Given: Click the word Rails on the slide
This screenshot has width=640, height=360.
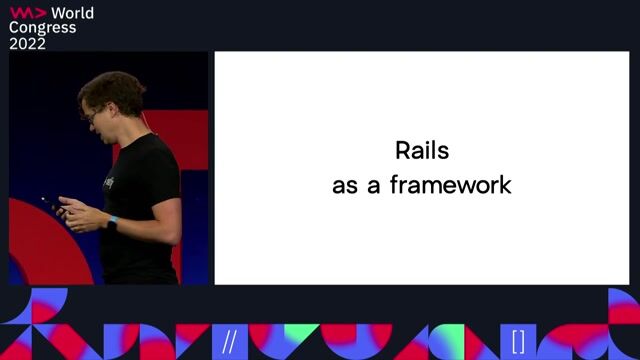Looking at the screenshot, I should pos(421,152).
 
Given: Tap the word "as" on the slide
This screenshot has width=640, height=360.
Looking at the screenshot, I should pos(345,186).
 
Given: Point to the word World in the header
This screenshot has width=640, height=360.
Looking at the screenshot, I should pos(72,13).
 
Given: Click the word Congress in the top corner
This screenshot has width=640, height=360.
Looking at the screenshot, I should pos(42,28).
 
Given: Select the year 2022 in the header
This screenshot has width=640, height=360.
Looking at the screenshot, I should pos(27,43).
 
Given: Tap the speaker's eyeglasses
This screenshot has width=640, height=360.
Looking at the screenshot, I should pos(92,115).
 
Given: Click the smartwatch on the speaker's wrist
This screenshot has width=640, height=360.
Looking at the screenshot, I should pos(111,223).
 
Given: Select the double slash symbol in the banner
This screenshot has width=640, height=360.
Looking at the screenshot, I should pos(229,341).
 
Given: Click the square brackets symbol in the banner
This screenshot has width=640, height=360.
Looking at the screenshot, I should pos(517,341).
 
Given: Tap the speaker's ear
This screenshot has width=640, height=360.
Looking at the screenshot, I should pos(123,111).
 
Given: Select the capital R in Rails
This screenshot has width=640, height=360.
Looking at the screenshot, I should pos(403,152).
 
